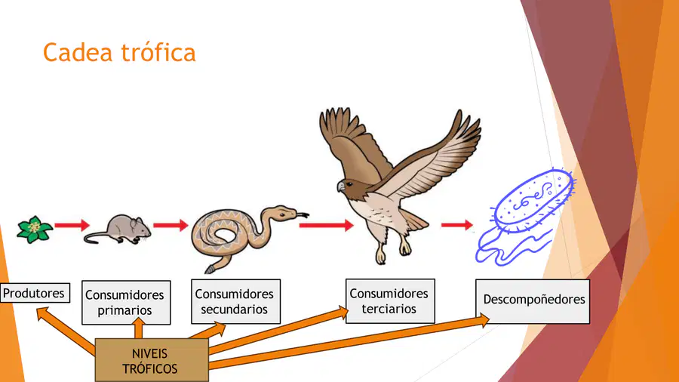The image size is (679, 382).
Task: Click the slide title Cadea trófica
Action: coord(119,52)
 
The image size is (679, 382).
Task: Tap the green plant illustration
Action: coord(35,229)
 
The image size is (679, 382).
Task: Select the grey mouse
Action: coord(118,229)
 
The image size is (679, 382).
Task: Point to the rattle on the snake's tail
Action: coord(210,270)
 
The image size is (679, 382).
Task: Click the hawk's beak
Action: coord(341,186)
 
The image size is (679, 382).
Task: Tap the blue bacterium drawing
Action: coord(525,217)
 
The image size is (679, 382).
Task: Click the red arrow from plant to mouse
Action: coord(72,225)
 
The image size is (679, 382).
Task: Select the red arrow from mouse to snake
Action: coord(171,225)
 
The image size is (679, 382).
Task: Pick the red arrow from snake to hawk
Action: coord(326,225)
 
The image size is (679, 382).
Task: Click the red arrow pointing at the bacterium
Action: coord(457,225)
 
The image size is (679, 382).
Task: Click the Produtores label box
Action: coord(35,293)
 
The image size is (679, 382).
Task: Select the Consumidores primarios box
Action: coord(126,302)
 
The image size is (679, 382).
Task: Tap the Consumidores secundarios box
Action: coord(235,301)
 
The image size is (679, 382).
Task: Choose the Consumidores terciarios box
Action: coord(390,301)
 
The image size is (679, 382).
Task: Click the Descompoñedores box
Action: coord(533,301)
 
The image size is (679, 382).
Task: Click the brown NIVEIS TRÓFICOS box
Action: coord(152,360)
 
